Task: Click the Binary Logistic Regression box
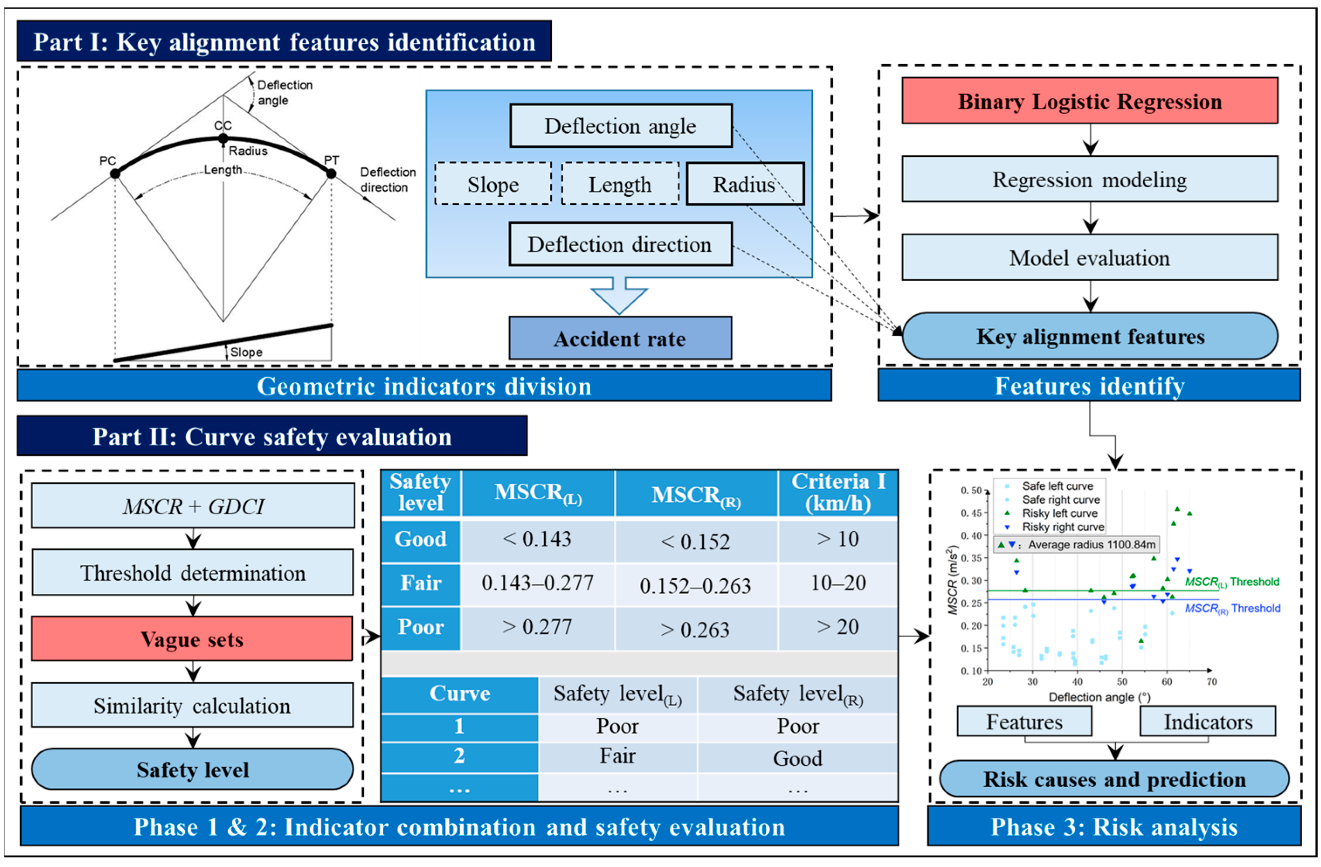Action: click(x=1090, y=100)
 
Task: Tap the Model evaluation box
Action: click(x=1090, y=257)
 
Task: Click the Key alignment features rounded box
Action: click(x=1090, y=336)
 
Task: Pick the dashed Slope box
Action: click(x=493, y=184)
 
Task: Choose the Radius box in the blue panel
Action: click(x=745, y=184)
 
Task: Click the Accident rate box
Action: click(x=620, y=338)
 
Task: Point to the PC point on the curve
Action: click(x=115, y=174)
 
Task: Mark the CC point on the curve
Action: click(x=223, y=138)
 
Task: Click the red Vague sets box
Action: click(x=192, y=639)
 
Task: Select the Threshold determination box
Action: click(x=192, y=572)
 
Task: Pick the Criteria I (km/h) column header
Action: click(x=838, y=492)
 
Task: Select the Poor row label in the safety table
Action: click(x=421, y=627)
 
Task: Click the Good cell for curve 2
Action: click(x=798, y=758)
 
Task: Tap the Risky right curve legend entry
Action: click(x=1055, y=527)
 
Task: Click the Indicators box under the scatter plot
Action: click(x=1208, y=722)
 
